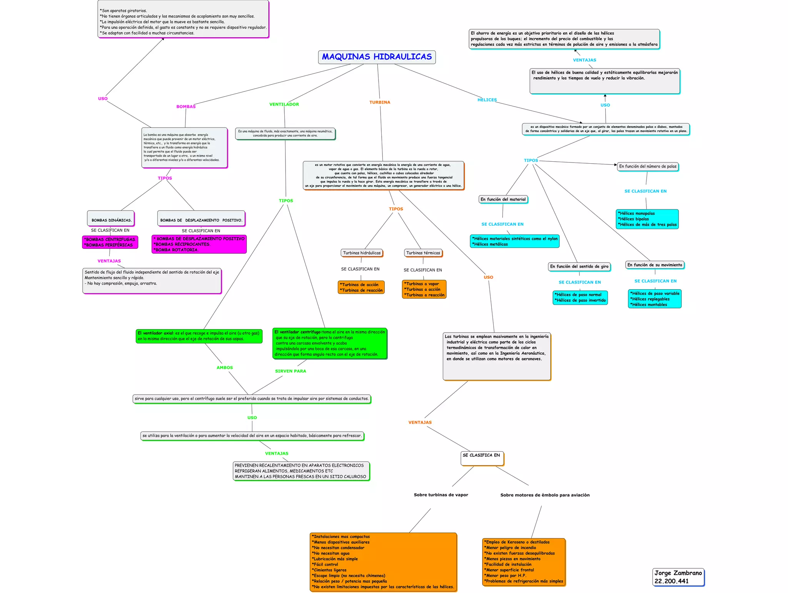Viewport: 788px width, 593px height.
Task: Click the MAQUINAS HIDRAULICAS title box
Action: coord(377,57)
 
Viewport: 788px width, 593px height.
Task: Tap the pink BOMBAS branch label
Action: coord(186,107)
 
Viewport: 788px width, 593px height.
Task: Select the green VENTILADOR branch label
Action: coord(284,104)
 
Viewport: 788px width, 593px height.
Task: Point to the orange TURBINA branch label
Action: coord(380,102)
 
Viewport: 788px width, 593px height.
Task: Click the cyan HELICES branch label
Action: coord(487,100)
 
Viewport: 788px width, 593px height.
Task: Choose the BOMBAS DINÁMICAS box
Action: coord(111,219)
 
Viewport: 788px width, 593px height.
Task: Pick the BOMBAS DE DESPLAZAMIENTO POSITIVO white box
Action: coord(201,219)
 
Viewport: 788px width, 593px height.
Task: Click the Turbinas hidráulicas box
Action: coord(362,253)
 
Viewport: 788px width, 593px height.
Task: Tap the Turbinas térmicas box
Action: coord(423,253)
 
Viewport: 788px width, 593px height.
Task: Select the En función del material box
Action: coord(503,199)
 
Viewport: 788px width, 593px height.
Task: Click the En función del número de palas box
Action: coord(648,166)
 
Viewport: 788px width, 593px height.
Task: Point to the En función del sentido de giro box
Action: coord(579,266)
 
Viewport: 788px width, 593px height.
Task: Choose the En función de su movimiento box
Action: coord(654,265)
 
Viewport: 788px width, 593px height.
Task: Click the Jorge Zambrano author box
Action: coord(678,577)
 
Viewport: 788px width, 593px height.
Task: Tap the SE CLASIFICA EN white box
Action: coord(482,458)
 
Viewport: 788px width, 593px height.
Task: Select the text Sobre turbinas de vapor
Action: coord(441,495)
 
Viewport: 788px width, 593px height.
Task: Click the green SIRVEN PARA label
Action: coord(290,371)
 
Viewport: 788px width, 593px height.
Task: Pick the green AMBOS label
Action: coord(225,368)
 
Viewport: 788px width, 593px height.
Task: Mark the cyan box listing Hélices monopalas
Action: coord(647,219)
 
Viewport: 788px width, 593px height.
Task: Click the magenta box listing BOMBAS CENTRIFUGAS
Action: coord(110,242)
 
